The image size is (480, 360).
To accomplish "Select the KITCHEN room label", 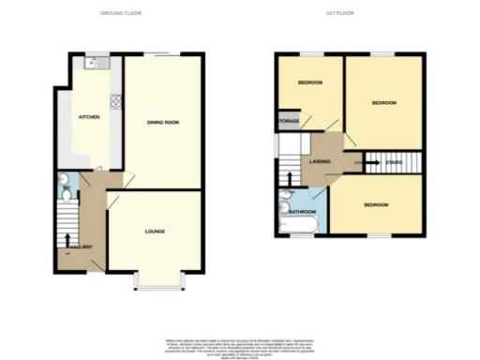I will coord(89,117).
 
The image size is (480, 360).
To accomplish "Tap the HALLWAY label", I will coord(80,247).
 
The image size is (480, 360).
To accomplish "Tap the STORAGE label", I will coord(289,121).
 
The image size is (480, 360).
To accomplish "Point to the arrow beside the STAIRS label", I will coord(368,161).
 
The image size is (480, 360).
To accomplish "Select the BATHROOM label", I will coord(302,213).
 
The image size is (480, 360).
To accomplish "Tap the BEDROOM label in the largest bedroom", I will coord(383,102).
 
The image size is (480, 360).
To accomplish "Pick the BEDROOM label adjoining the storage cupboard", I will coord(310,82).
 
